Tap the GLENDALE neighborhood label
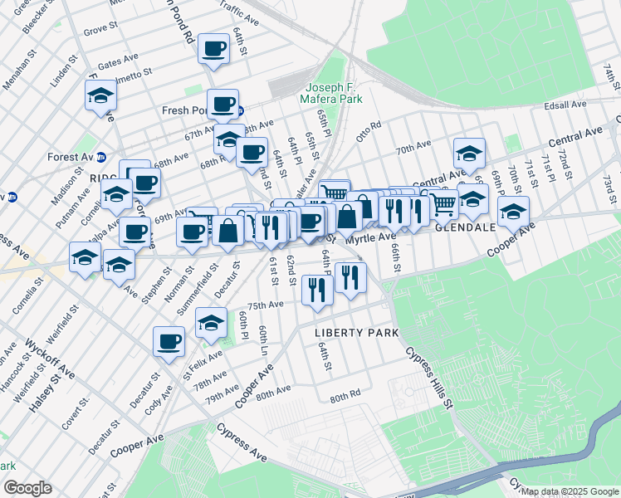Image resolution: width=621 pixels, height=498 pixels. coord(466,227)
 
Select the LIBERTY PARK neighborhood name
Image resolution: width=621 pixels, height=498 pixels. coord(356,332)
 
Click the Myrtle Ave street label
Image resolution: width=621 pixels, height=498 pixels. coord(370,238)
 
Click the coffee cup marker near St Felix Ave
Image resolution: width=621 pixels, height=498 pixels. coord(169,340)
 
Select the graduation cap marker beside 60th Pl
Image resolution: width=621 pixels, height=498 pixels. coord(212,322)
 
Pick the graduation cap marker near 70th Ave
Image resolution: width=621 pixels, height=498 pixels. coord(469,153)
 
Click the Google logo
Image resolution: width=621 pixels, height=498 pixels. coord(27,488)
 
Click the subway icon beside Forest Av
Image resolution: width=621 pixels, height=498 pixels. coord(101,156)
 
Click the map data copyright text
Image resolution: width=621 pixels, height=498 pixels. coord(570,491)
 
